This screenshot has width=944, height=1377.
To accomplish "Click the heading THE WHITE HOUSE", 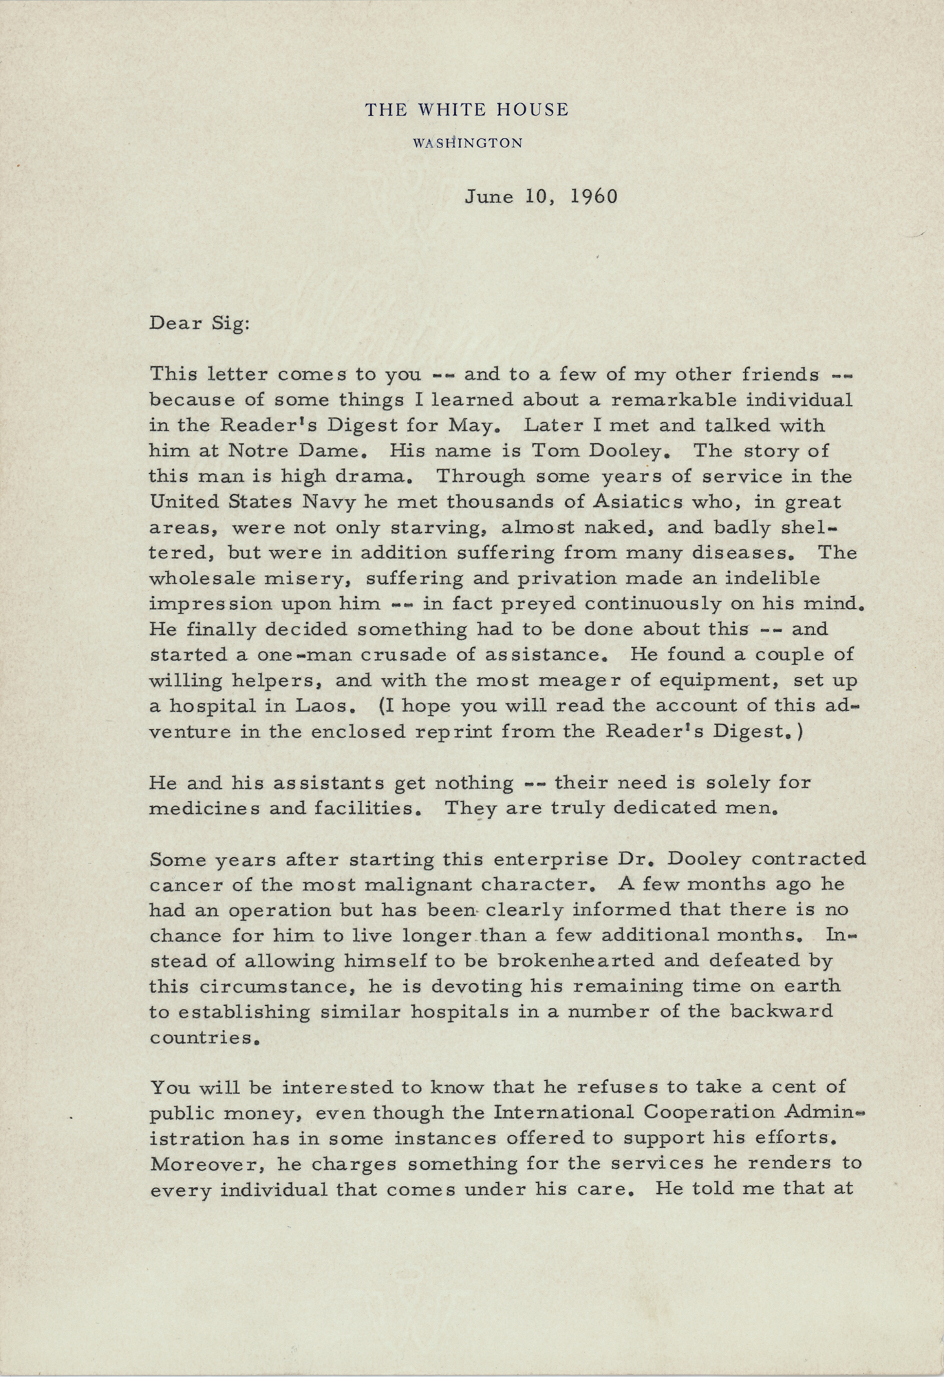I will click(466, 109).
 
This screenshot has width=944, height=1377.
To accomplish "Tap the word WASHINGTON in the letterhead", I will click(467, 143).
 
